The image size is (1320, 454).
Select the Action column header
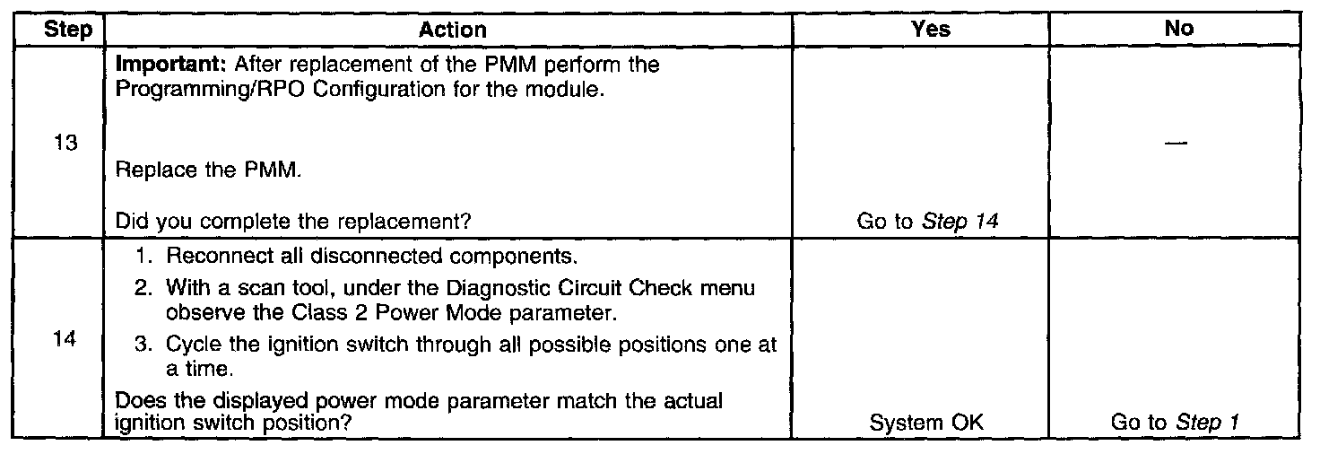(x=453, y=30)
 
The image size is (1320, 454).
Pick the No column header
(x=1178, y=30)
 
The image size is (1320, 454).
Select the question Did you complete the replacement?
(x=295, y=223)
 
